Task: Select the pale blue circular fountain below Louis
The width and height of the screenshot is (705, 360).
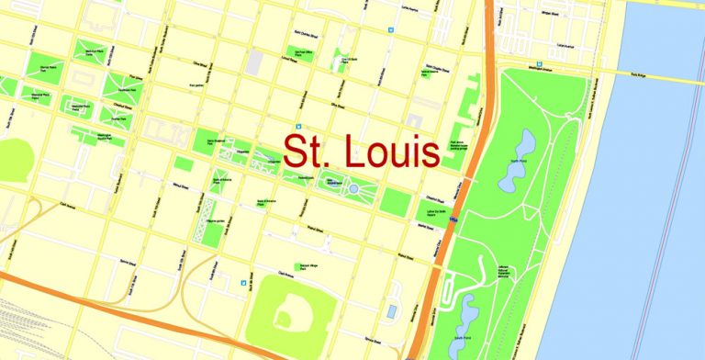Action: (x=353, y=188)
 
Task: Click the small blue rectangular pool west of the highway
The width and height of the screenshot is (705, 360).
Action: (x=392, y=311)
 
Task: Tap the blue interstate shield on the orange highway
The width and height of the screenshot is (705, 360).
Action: (x=454, y=220)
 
